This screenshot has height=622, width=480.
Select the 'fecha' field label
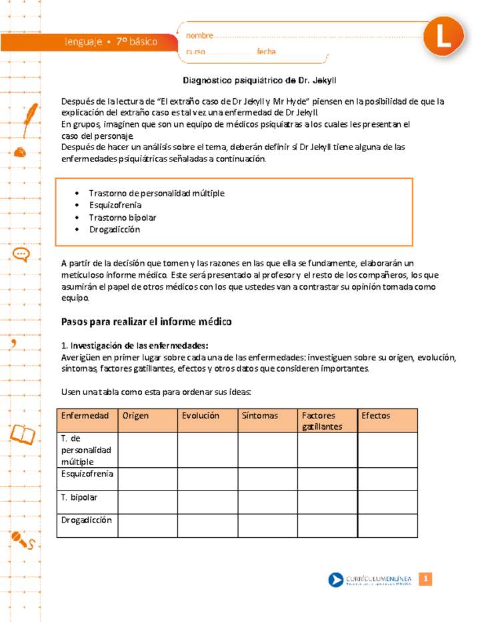point(266,51)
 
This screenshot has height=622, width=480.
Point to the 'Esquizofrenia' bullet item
point(115,205)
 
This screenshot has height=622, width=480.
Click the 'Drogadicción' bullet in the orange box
point(114,229)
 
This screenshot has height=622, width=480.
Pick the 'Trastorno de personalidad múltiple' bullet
point(156,193)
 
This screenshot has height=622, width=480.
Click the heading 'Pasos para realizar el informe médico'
point(146,322)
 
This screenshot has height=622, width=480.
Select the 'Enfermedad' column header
point(85,416)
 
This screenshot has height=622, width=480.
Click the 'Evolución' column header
point(200,416)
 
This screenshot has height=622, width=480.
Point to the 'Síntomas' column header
point(260,416)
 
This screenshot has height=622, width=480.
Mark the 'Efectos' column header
point(375,416)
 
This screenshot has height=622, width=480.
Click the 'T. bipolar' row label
point(79,497)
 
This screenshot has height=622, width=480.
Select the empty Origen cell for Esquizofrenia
point(147,479)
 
